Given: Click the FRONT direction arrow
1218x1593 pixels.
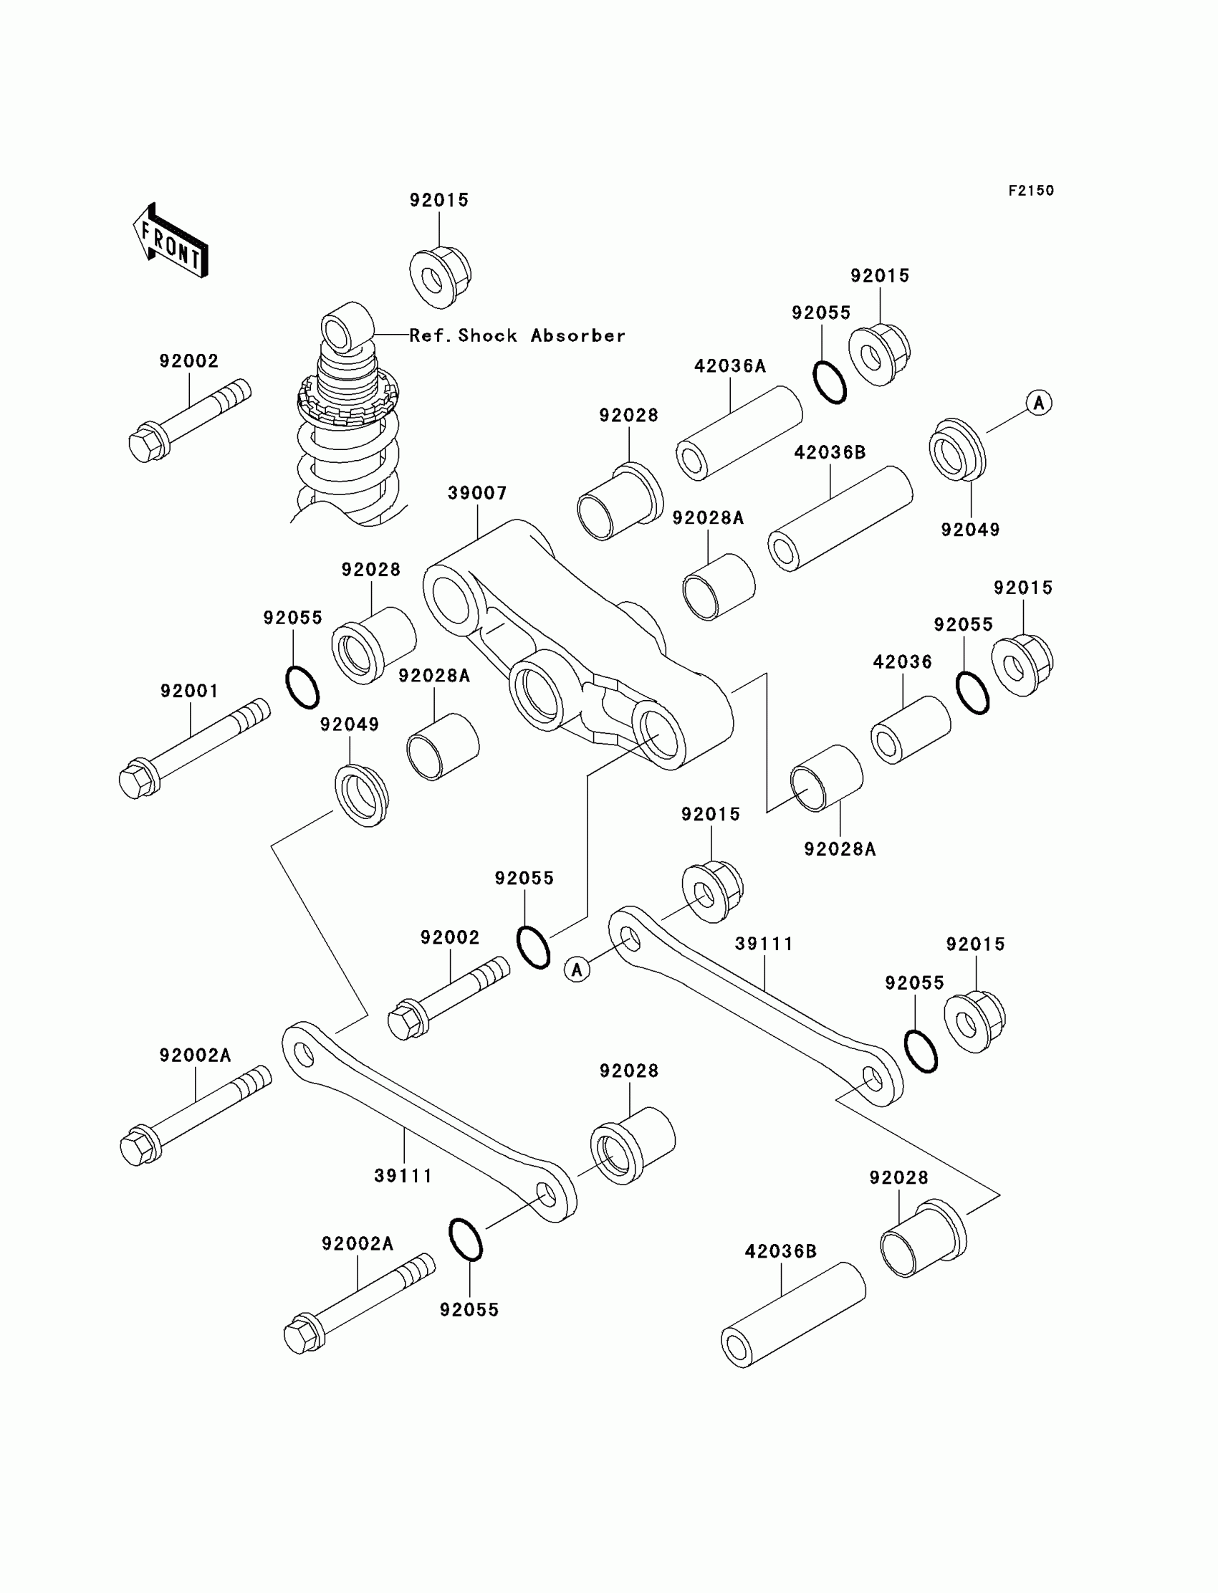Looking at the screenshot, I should pyautogui.click(x=171, y=241).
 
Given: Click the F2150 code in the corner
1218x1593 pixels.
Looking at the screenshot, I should pyautogui.click(x=1031, y=191).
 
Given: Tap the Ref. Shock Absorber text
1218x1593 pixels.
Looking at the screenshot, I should pyautogui.click(x=517, y=335).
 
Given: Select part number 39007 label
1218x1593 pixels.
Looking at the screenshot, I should pyautogui.click(x=477, y=493).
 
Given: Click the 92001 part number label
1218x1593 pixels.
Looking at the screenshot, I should pyautogui.click(x=189, y=691).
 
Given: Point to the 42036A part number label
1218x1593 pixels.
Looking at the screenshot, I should pyautogui.click(x=730, y=366).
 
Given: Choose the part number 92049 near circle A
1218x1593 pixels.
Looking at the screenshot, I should pyautogui.click(x=970, y=530).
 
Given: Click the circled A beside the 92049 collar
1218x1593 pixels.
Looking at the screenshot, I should pyautogui.click(x=1039, y=403).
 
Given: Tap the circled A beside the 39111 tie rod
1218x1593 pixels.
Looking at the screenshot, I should pyautogui.click(x=577, y=970).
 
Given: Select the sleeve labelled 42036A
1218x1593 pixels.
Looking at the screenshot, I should pyautogui.click(x=739, y=434).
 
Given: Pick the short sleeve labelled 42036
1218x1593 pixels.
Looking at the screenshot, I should pyautogui.click(x=911, y=730).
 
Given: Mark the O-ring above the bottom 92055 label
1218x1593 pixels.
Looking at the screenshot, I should pyautogui.click(x=466, y=1240).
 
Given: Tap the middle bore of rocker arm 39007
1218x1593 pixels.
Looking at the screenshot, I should pyautogui.click(x=537, y=689).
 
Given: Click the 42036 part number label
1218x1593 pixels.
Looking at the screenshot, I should pyautogui.click(x=902, y=662).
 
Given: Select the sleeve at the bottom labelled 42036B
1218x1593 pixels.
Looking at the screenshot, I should pyautogui.click(x=793, y=1314).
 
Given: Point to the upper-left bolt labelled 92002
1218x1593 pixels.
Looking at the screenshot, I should pyautogui.click(x=190, y=422).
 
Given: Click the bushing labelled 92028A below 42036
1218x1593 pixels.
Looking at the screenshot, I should pyautogui.click(x=827, y=778).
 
